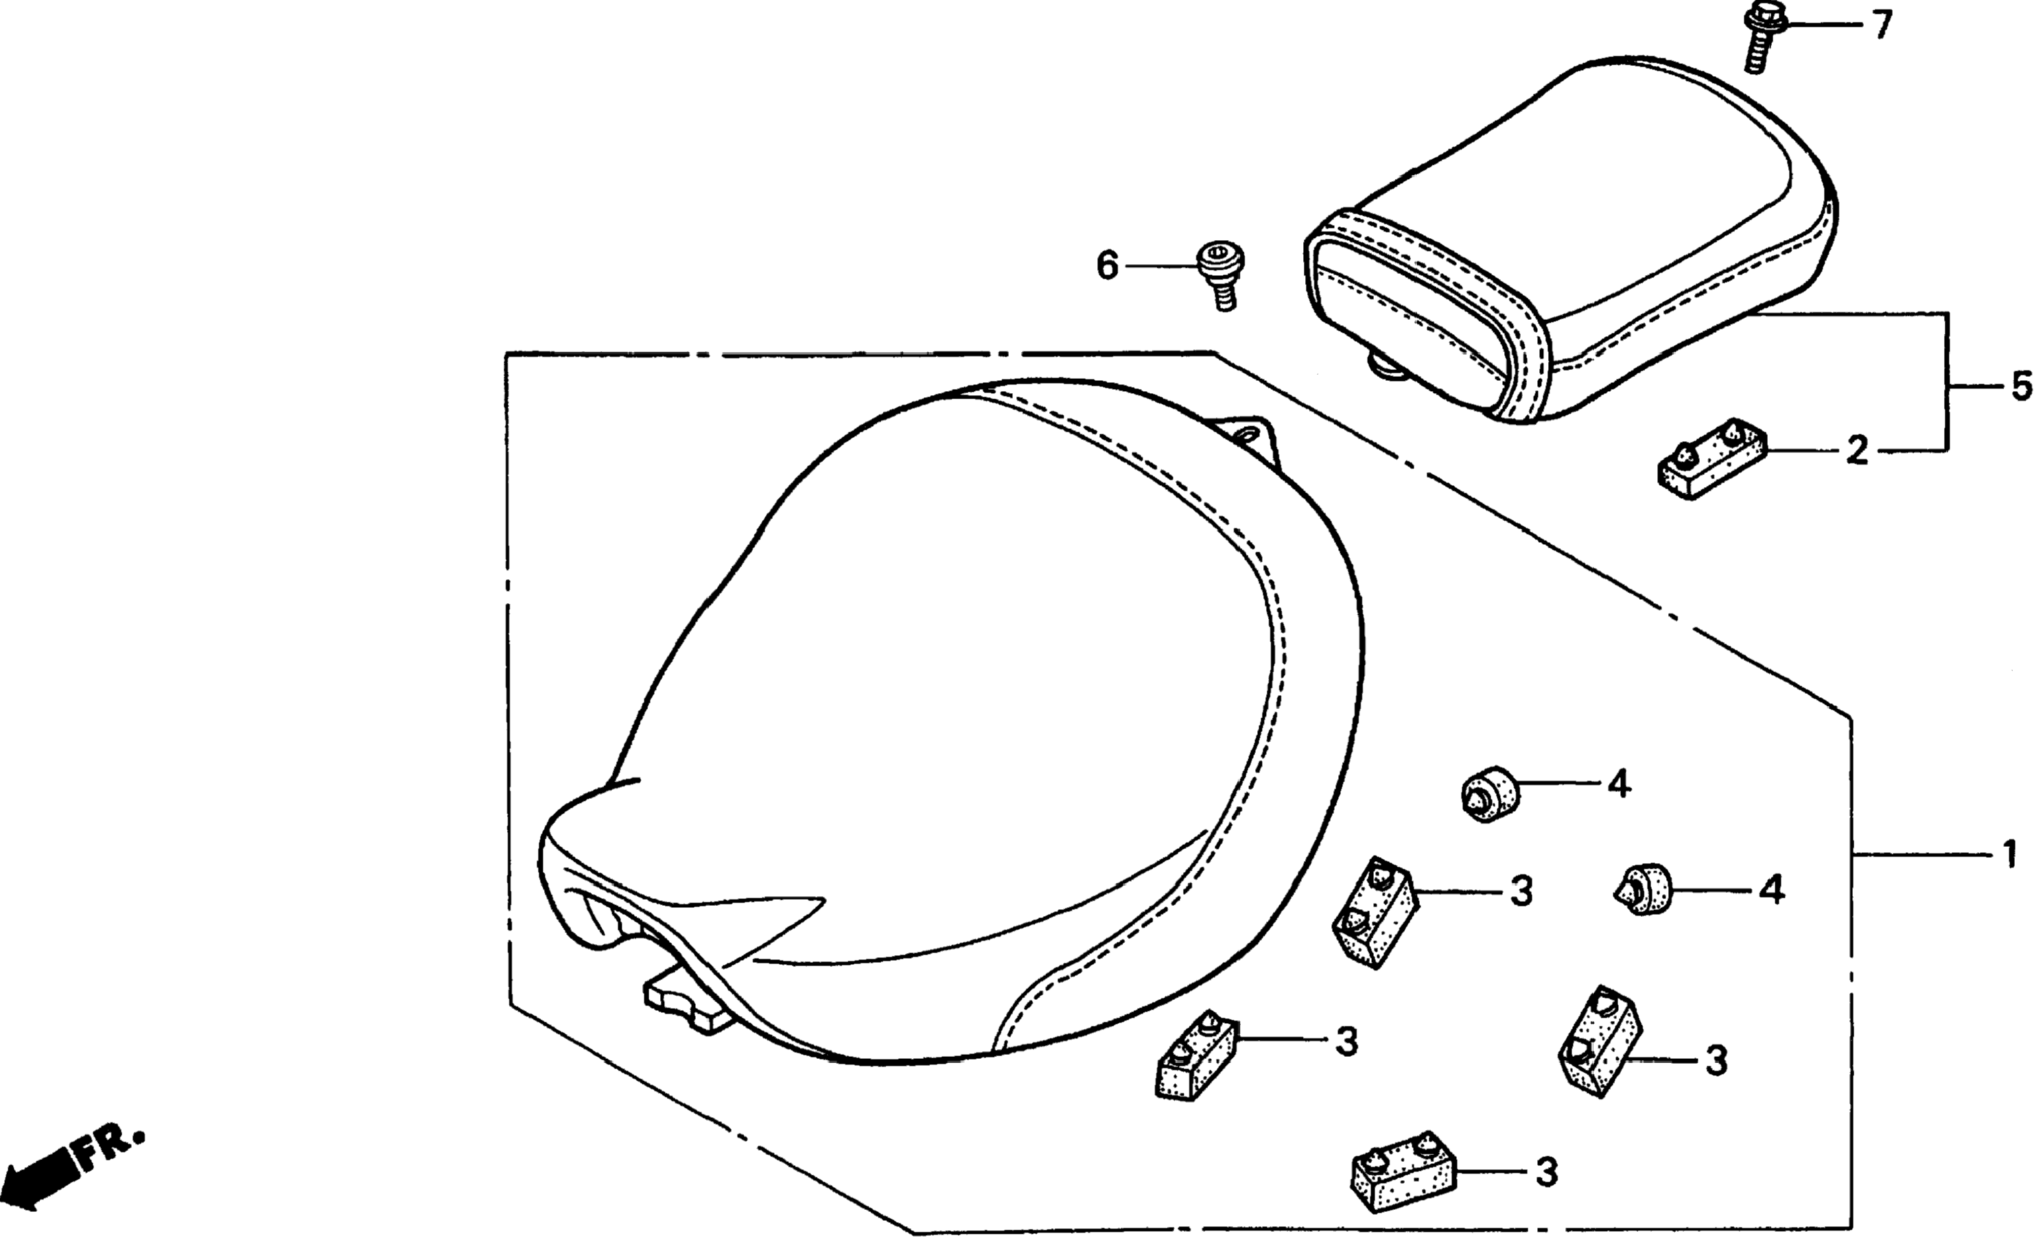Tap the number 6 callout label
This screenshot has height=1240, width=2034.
click(1107, 266)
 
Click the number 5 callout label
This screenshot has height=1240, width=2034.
click(2020, 386)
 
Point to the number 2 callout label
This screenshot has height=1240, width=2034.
click(1856, 451)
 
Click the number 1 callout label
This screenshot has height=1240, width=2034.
click(2009, 855)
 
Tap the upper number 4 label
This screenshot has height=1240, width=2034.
click(1619, 784)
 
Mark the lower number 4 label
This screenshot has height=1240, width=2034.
click(1771, 891)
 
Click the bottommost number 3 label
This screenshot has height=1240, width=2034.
click(1547, 1172)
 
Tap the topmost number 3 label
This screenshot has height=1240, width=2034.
click(1521, 891)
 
